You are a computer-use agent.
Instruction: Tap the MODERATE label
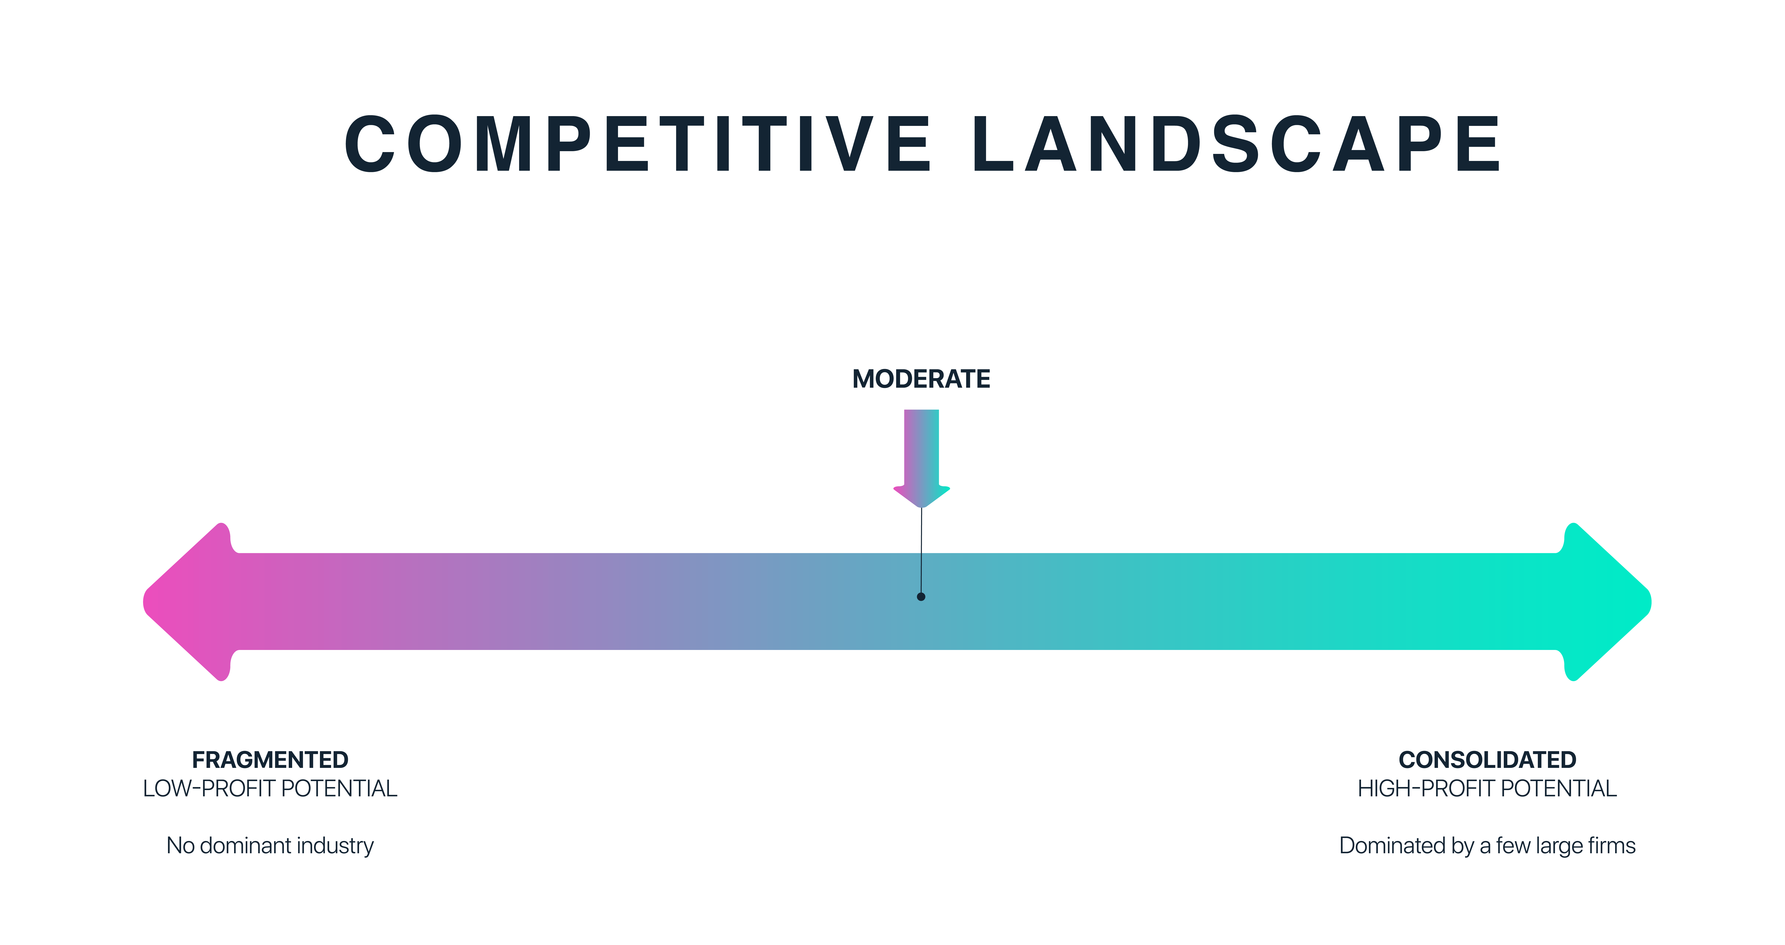pos(921,379)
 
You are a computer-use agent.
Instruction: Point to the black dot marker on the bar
pos(921,596)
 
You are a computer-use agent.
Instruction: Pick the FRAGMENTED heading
pos(270,760)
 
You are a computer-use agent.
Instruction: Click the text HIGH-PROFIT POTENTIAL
pos(1487,788)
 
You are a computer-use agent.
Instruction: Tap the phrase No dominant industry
pos(270,846)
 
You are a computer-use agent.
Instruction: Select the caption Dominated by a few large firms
pos(1487,846)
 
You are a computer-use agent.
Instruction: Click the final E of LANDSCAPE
pos(1479,144)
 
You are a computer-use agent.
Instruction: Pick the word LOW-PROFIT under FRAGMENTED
pos(209,788)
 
